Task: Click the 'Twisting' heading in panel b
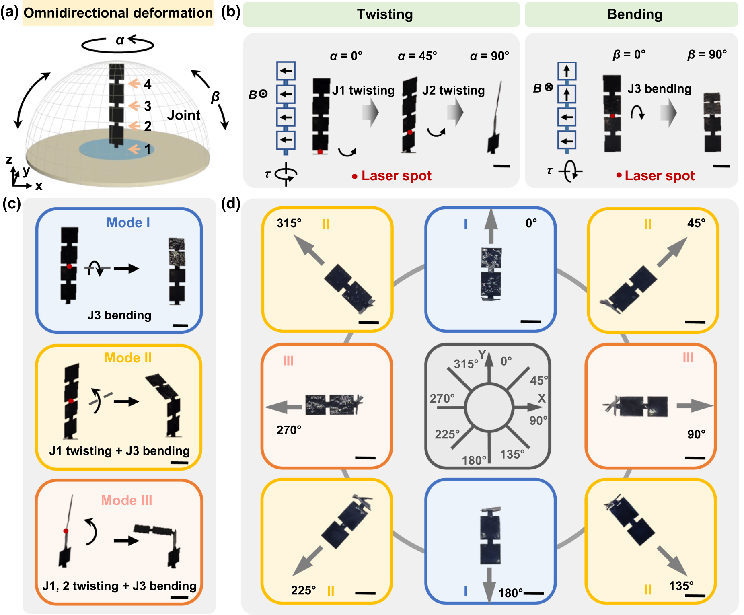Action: pyautogui.click(x=385, y=14)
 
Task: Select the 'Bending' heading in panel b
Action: pyautogui.click(x=634, y=14)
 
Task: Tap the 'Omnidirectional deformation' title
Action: pyautogui.click(x=118, y=13)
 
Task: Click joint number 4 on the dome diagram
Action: pyautogui.click(x=147, y=84)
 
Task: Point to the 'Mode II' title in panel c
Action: pyautogui.click(x=128, y=358)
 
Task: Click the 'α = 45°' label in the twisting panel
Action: pyautogui.click(x=417, y=56)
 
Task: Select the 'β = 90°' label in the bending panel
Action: pyautogui.click(x=707, y=54)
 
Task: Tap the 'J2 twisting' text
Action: pyautogui.click(x=453, y=90)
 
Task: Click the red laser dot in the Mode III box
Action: pyautogui.click(x=66, y=531)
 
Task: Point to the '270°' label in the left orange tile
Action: pyautogui.click(x=289, y=430)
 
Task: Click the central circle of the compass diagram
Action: pyautogui.click(x=489, y=407)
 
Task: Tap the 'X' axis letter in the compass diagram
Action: pyautogui.click(x=542, y=398)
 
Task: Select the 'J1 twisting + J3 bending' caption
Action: pyautogui.click(x=119, y=450)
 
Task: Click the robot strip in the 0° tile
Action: pyautogui.click(x=491, y=274)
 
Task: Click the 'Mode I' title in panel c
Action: pyautogui.click(x=128, y=222)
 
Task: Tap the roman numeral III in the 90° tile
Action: pyautogui.click(x=688, y=358)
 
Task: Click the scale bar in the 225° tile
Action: pyautogui.click(x=365, y=593)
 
